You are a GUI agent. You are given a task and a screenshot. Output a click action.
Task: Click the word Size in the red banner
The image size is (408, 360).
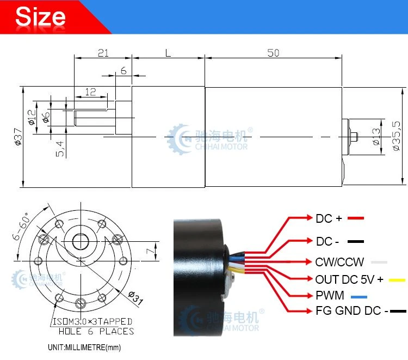pos(40,17)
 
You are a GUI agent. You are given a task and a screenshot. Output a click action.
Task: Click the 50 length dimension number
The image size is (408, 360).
pos(273,53)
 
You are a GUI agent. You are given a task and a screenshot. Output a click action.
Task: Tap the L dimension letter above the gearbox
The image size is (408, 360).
pos(168,53)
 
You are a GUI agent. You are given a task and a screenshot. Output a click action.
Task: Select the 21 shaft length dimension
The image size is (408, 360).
pos(103,53)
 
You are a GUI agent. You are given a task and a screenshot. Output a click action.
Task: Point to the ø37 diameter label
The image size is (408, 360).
pos(18,137)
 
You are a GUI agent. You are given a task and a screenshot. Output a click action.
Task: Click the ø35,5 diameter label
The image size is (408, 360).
pos(396,136)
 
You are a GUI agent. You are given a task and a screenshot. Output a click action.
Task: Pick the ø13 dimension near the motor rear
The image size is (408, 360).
pos(376,137)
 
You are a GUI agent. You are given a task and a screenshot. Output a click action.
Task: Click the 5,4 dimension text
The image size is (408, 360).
pos(60,149)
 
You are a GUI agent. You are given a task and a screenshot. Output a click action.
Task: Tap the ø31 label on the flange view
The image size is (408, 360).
pos(135,298)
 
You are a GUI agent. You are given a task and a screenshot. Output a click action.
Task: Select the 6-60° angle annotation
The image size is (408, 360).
pos(21,226)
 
